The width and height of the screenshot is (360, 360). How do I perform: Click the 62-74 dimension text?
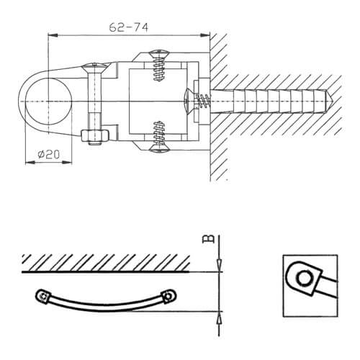pyautogui.click(x=129, y=27)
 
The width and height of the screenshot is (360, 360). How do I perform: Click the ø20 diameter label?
pyautogui.click(x=49, y=154)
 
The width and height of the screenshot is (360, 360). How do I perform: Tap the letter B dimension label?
pyautogui.click(x=208, y=239)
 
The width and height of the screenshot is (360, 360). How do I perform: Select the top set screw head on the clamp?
pyautogui.click(x=159, y=53)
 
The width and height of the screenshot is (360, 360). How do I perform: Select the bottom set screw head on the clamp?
pyautogui.click(x=159, y=149)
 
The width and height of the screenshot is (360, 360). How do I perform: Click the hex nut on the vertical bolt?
pyautogui.click(x=95, y=135)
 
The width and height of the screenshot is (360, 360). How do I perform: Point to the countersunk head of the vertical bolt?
pyautogui.click(x=94, y=67)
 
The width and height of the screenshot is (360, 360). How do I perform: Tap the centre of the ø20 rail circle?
pyautogui.click(x=48, y=102)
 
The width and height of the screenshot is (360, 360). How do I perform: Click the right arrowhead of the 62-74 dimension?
pyautogui.click(x=205, y=35)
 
